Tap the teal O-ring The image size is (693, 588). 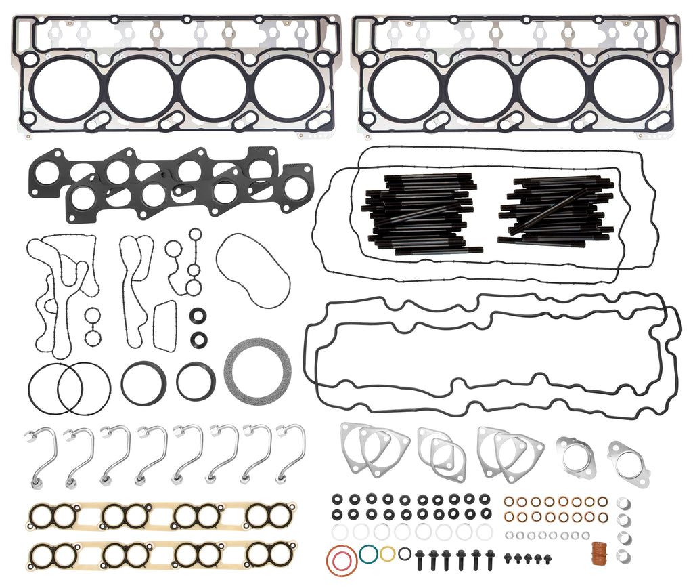point(369,553)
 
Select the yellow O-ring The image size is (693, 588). point(387,553)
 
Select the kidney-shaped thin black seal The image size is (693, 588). point(253,270)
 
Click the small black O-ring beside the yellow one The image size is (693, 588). point(404,553)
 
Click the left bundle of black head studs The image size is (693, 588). point(418,213)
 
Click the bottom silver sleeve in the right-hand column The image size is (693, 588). point(623,555)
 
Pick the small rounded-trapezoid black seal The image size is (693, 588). point(164,326)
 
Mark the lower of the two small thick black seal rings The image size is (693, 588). point(199,338)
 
